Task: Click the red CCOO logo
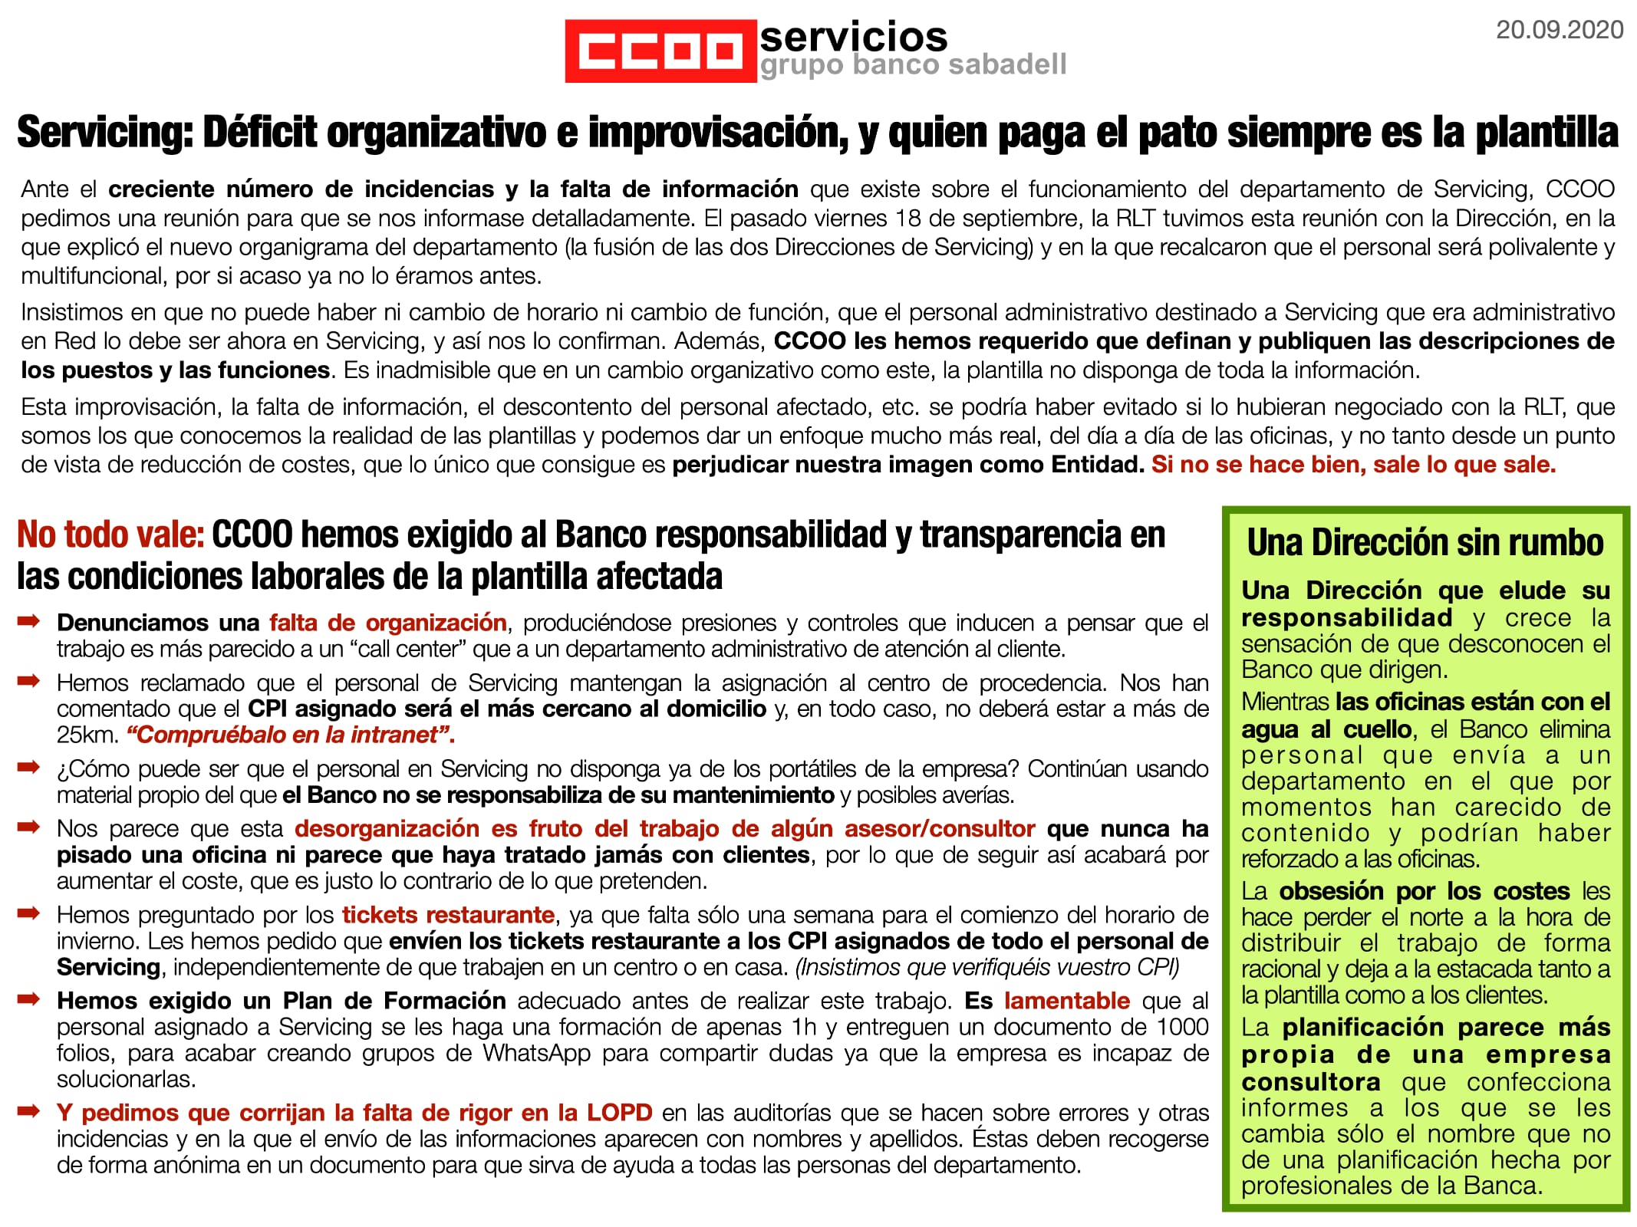tap(660, 51)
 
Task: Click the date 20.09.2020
tap(1560, 30)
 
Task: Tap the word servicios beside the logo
tap(853, 35)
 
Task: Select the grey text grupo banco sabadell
tap(913, 65)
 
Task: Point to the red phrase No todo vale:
tap(110, 535)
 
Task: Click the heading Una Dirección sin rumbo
tap(1425, 542)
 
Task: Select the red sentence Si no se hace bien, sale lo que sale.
tap(1353, 465)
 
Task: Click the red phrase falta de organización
tap(387, 622)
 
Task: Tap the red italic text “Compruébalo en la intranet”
tap(291, 735)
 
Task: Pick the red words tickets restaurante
tap(448, 915)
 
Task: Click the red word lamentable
tap(1066, 1001)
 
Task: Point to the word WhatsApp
tap(536, 1053)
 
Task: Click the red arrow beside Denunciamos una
tap(28, 621)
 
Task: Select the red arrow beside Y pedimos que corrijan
tap(28, 1111)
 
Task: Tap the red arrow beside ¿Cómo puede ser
tap(28, 768)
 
